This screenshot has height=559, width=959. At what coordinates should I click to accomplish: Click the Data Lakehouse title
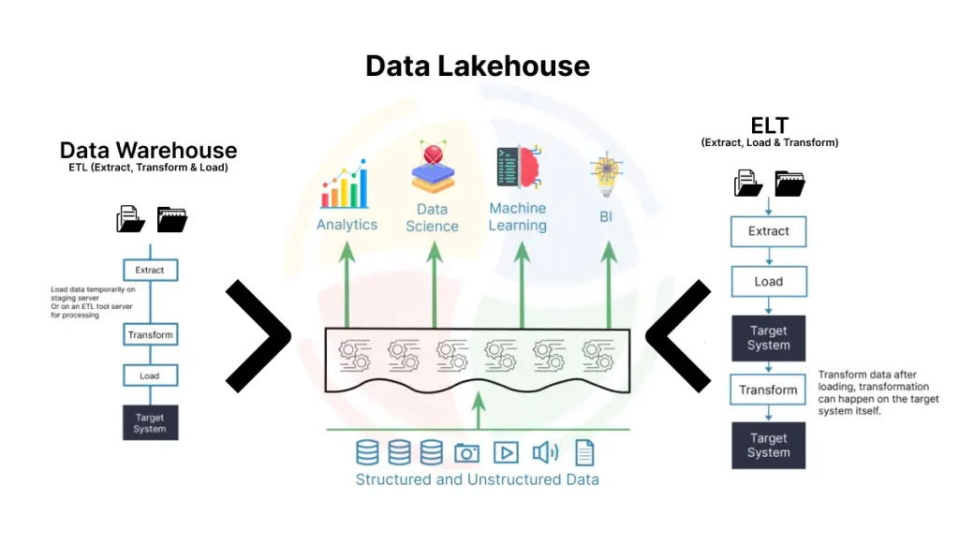(x=478, y=66)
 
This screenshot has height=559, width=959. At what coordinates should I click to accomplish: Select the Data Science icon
(x=432, y=169)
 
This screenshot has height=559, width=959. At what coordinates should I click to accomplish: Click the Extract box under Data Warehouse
(x=150, y=270)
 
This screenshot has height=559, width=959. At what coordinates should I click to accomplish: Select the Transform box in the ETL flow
(x=150, y=334)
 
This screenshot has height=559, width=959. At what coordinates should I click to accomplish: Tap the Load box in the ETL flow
(x=150, y=375)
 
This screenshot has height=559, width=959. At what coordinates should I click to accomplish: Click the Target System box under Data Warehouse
(x=150, y=421)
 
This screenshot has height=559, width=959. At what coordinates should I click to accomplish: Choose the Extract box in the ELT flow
(x=768, y=230)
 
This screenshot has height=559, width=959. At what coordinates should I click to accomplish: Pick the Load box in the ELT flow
(x=768, y=281)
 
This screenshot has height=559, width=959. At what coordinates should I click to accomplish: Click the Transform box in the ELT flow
(x=768, y=390)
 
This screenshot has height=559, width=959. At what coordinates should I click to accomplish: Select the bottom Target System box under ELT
(x=768, y=445)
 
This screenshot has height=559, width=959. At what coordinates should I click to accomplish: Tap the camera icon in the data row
(x=466, y=453)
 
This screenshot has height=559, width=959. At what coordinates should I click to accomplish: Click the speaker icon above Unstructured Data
(x=545, y=453)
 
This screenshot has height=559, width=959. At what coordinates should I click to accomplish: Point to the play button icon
(x=506, y=453)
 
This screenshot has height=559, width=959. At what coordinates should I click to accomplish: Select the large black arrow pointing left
(x=676, y=335)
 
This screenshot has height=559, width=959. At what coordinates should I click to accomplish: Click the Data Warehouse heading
(x=148, y=150)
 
